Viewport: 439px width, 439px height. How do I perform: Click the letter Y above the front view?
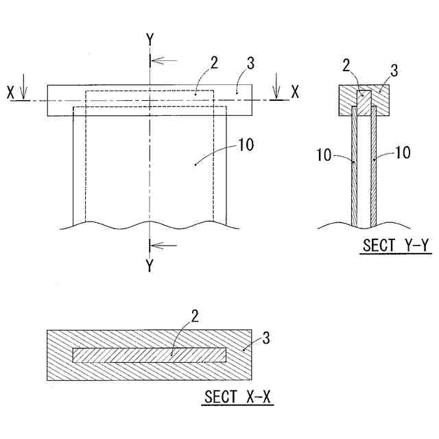click(x=150, y=40)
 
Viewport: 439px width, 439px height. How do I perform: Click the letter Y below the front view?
click(x=150, y=265)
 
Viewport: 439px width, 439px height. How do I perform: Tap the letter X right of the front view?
click(x=294, y=92)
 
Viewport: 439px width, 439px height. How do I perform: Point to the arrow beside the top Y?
click(x=163, y=60)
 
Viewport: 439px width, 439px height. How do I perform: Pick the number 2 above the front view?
click(x=215, y=62)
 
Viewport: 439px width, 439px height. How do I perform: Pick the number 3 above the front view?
click(x=250, y=65)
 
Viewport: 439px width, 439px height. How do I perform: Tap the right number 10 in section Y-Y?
click(x=403, y=152)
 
